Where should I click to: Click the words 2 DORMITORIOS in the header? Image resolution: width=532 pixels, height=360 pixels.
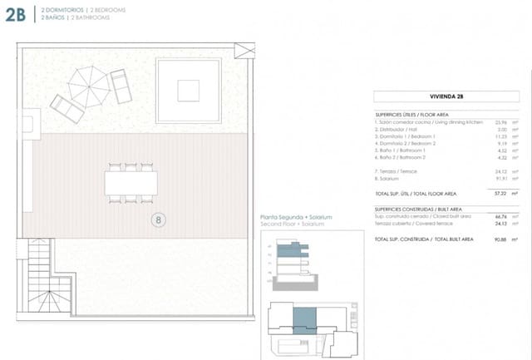(52, 8)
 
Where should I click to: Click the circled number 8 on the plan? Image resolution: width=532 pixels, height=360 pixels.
(158, 220)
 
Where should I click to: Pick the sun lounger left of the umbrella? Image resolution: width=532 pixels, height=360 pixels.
(65, 106)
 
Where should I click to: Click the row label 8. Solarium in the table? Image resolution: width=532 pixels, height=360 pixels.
(390, 177)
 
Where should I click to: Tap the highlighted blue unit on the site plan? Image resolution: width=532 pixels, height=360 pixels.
(305, 319)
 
